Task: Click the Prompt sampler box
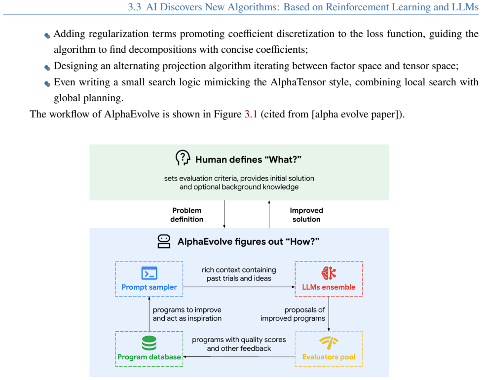pos(149,279)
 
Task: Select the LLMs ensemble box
pos(329,279)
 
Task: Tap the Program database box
pos(149,349)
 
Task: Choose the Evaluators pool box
pos(329,349)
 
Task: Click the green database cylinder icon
pos(149,343)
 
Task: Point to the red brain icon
pos(329,273)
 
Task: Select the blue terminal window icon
pos(149,273)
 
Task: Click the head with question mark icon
pos(183,158)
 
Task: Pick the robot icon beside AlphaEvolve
pos(164,241)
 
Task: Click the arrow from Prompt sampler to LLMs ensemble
pos(239,287)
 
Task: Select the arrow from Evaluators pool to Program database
pos(239,357)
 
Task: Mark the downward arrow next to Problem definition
pos(224,214)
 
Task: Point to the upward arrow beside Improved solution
pos(269,214)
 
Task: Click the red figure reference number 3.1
pos(251,114)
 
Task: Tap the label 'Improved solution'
pos(306,215)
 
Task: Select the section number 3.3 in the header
pos(134,7)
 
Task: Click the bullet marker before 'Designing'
pos(47,67)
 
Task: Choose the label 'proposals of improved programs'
pos(293,314)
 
